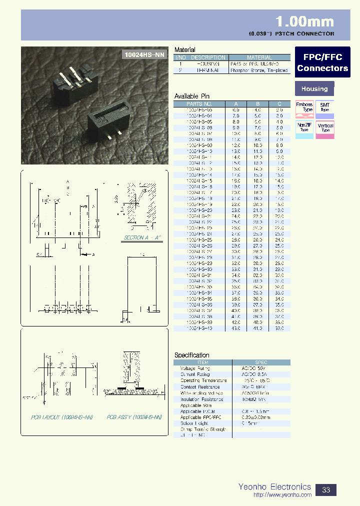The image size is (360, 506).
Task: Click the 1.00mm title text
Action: [x=304, y=21]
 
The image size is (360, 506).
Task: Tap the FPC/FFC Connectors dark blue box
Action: [x=322, y=63]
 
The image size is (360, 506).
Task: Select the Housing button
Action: [x=314, y=89]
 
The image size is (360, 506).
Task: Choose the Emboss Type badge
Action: [x=304, y=108]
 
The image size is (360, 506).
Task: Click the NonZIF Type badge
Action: [x=304, y=128]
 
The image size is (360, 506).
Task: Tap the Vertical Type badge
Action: [x=325, y=128]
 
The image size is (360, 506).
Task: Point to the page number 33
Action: [x=326, y=489]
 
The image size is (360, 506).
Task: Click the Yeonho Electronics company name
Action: [x=274, y=486]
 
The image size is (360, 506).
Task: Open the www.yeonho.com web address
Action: [x=282, y=495]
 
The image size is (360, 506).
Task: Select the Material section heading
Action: [x=184, y=50]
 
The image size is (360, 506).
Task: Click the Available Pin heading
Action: [x=192, y=96]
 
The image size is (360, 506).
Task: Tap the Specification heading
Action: [x=192, y=355]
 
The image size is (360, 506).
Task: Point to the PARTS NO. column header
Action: [x=199, y=103]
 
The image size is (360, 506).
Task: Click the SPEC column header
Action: [x=260, y=362]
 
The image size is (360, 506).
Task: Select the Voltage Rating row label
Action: [x=195, y=368]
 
